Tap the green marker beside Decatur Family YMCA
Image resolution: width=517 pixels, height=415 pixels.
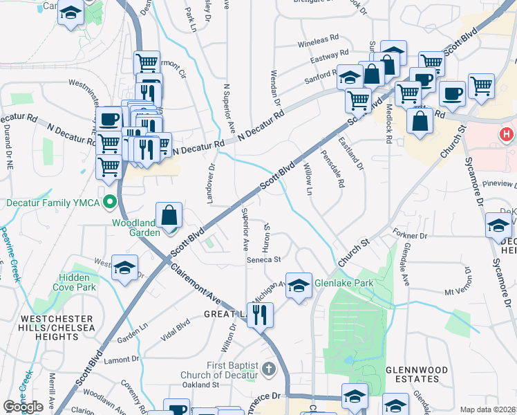coord(109,203)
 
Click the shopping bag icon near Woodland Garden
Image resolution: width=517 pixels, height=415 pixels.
coord(169,217)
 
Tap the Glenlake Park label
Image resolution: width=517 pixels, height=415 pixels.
coord(344,283)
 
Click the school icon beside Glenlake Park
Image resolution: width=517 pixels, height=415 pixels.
coord(299,285)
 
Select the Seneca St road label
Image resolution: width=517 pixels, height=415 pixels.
coord(263,259)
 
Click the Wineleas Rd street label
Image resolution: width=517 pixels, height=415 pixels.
coord(318,42)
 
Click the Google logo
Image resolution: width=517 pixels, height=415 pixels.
coord(23,407)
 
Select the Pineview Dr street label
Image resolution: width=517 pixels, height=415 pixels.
coord(500,184)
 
